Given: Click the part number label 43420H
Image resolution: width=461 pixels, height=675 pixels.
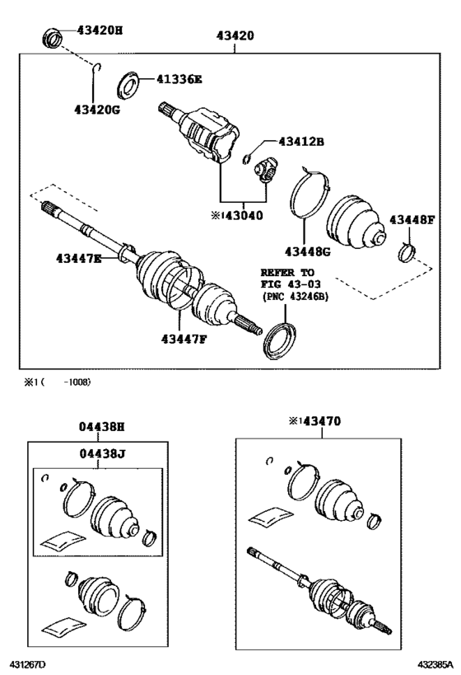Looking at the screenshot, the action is click(x=100, y=30).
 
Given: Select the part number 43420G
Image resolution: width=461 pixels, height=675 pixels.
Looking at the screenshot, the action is click(x=97, y=110).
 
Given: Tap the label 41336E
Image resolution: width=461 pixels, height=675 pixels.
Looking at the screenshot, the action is click(x=179, y=79).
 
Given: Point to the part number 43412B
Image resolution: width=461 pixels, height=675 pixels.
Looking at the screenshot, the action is click(x=301, y=141).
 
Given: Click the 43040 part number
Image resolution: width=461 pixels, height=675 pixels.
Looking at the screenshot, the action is click(x=244, y=215).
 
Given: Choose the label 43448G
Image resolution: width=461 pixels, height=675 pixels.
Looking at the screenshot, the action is click(x=308, y=251).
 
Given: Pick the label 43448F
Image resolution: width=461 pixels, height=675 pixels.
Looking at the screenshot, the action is click(x=412, y=220).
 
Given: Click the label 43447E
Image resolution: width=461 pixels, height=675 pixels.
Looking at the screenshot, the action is click(x=79, y=258).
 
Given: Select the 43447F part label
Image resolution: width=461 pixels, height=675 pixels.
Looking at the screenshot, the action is click(x=184, y=340).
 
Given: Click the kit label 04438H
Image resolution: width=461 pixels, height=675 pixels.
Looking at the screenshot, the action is click(x=101, y=427).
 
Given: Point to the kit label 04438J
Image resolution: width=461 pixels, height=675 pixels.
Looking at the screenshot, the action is click(x=102, y=453).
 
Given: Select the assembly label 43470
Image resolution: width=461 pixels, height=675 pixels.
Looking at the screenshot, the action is click(x=322, y=421).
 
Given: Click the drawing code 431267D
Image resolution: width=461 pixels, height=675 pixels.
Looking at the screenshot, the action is click(x=28, y=664).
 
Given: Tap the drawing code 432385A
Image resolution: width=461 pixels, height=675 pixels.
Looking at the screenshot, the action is click(x=435, y=664).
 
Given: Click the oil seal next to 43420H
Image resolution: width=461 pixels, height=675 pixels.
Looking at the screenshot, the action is click(x=53, y=37).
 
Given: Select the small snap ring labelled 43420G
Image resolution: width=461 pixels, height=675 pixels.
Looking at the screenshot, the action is click(x=97, y=66).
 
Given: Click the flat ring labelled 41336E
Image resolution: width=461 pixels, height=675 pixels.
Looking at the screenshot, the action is click(x=128, y=86).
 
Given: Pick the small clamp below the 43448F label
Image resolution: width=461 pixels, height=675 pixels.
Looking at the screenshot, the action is click(x=406, y=252).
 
